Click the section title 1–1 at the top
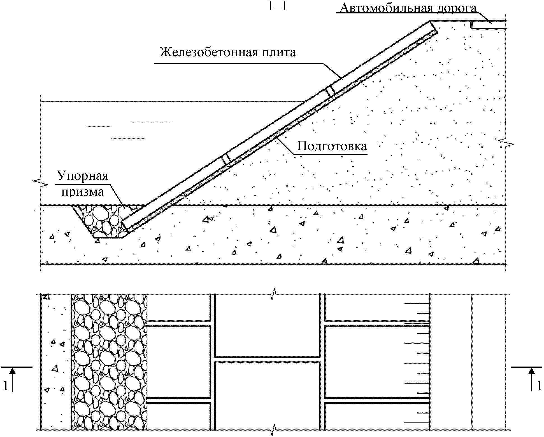(277, 7)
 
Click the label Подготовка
(332, 146)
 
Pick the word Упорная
(83, 176)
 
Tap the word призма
(83, 192)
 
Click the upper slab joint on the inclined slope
(331, 91)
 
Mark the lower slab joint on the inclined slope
(226, 159)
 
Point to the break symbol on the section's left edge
(41, 182)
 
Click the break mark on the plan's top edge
(273, 294)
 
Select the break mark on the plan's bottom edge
(273, 429)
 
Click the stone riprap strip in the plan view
(109, 361)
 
